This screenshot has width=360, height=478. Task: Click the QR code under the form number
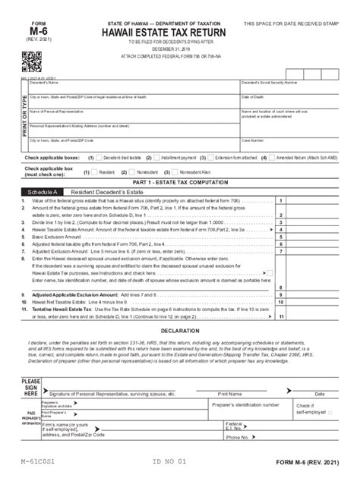tap(31, 61)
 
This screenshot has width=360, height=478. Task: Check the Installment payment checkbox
tap(156, 159)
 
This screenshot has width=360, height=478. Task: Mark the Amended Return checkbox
tap(274, 159)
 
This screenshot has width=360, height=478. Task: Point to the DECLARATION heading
tap(179, 332)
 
